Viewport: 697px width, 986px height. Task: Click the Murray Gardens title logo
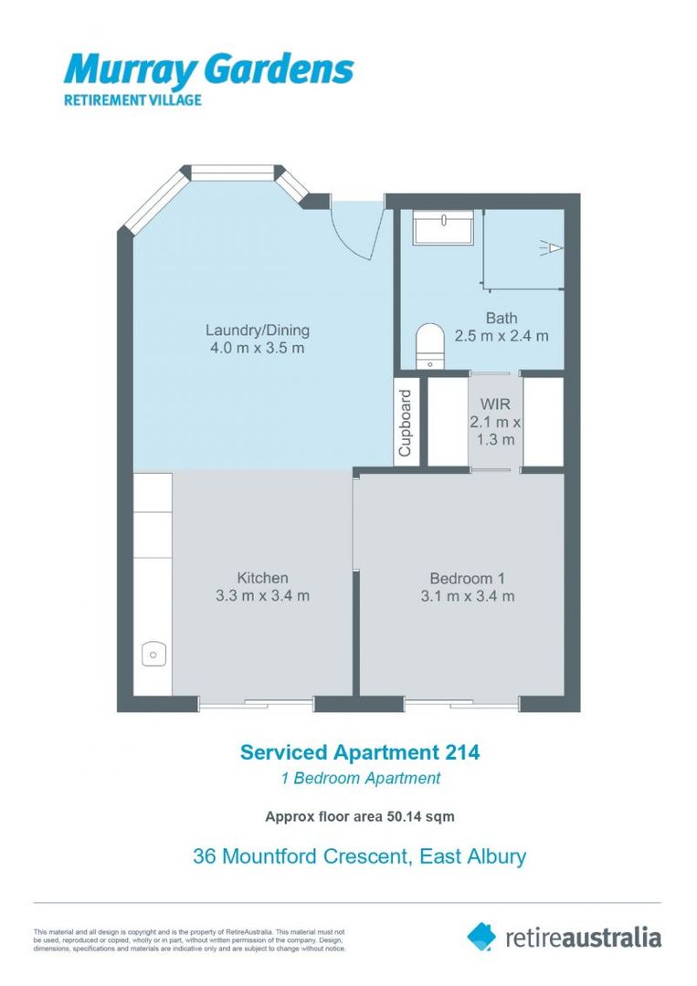click(x=208, y=70)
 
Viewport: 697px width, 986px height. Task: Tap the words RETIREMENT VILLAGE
click(x=132, y=100)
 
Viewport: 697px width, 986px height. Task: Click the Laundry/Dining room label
click(x=258, y=330)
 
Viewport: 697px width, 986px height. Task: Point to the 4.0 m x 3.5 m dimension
click(x=258, y=348)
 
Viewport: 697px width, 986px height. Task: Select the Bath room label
click(x=502, y=319)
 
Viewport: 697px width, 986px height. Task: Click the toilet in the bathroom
click(x=430, y=346)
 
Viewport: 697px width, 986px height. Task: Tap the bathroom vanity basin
click(x=443, y=227)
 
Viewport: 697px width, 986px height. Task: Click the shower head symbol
click(x=552, y=248)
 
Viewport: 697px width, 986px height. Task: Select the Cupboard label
click(x=405, y=423)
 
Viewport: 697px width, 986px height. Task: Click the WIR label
click(x=495, y=404)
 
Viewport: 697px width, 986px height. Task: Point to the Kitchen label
click(x=262, y=578)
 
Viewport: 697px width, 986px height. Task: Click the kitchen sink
click(x=153, y=654)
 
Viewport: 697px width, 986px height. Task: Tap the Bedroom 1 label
click(x=468, y=579)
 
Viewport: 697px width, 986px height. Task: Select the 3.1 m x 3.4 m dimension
click(x=468, y=596)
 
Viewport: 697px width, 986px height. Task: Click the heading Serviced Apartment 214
click(x=360, y=752)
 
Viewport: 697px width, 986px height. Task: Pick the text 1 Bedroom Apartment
click(x=361, y=779)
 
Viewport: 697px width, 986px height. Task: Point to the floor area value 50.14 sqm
click(x=411, y=817)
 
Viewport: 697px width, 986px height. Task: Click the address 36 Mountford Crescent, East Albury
click(x=359, y=856)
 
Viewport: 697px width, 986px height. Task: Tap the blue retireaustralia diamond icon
click(x=481, y=937)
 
